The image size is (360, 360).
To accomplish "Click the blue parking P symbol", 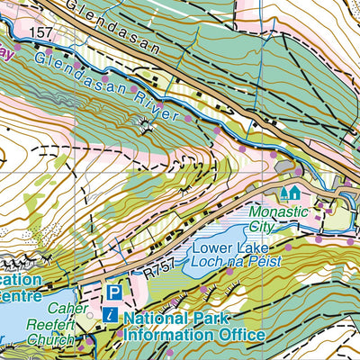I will [114, 292].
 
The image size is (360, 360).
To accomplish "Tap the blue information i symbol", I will [109, 315].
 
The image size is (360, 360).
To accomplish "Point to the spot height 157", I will [40, 33].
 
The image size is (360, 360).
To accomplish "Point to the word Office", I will [241, 335].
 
